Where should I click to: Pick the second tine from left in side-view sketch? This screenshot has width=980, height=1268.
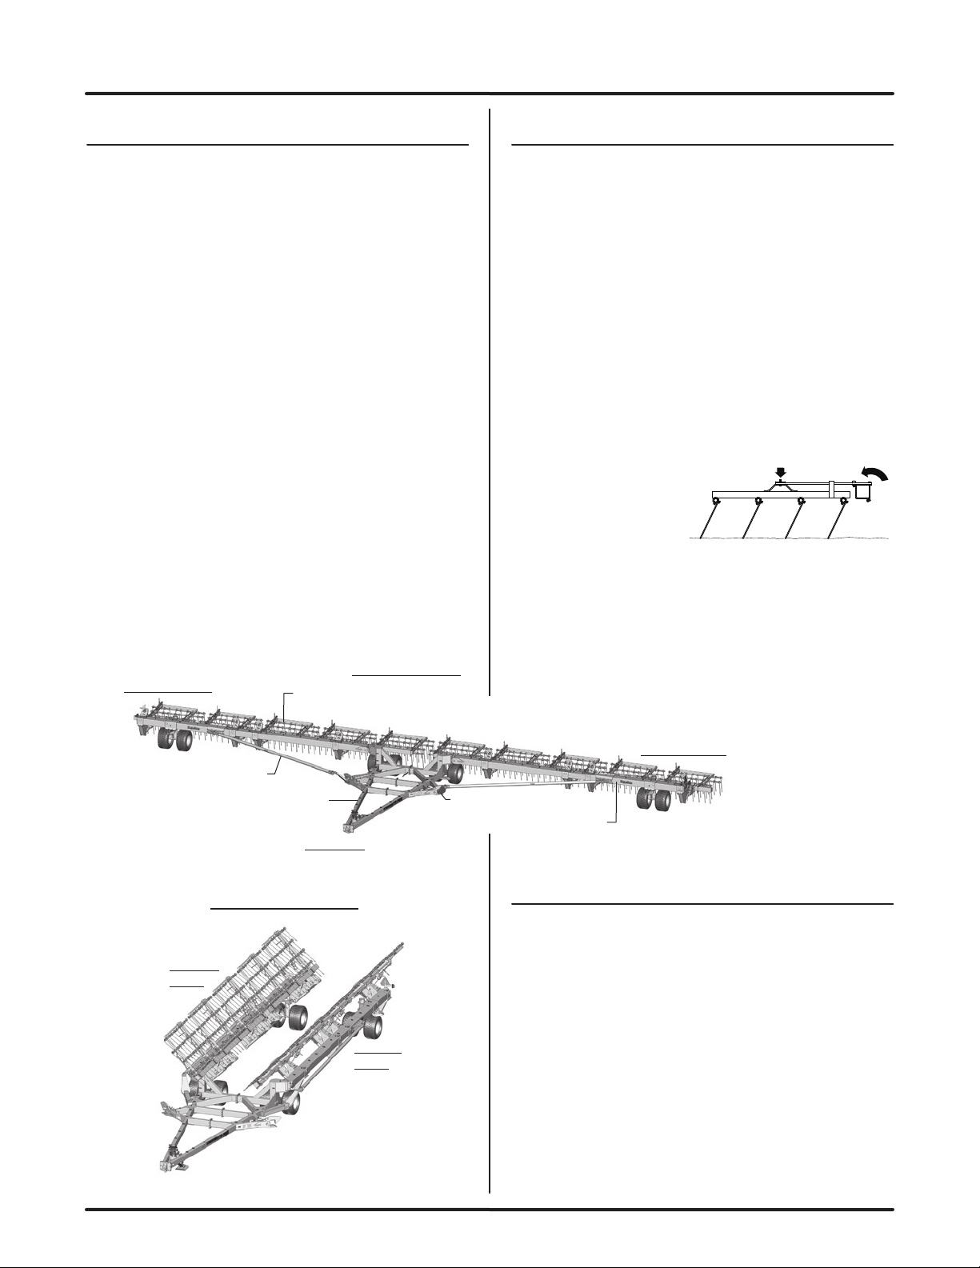coord(750,519)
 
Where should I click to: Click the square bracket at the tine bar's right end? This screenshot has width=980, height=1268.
coord(862,490)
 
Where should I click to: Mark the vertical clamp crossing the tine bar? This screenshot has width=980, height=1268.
coord(833,487)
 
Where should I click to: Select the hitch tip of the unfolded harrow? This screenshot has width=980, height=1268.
coord(350,827)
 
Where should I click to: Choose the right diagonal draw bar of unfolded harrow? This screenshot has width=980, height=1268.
coord(520,787)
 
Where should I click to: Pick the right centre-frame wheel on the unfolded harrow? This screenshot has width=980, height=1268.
coord(454,773)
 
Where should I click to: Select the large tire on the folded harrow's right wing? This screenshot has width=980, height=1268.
coord(371,1026)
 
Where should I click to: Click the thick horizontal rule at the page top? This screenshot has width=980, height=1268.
coord(490,94)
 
